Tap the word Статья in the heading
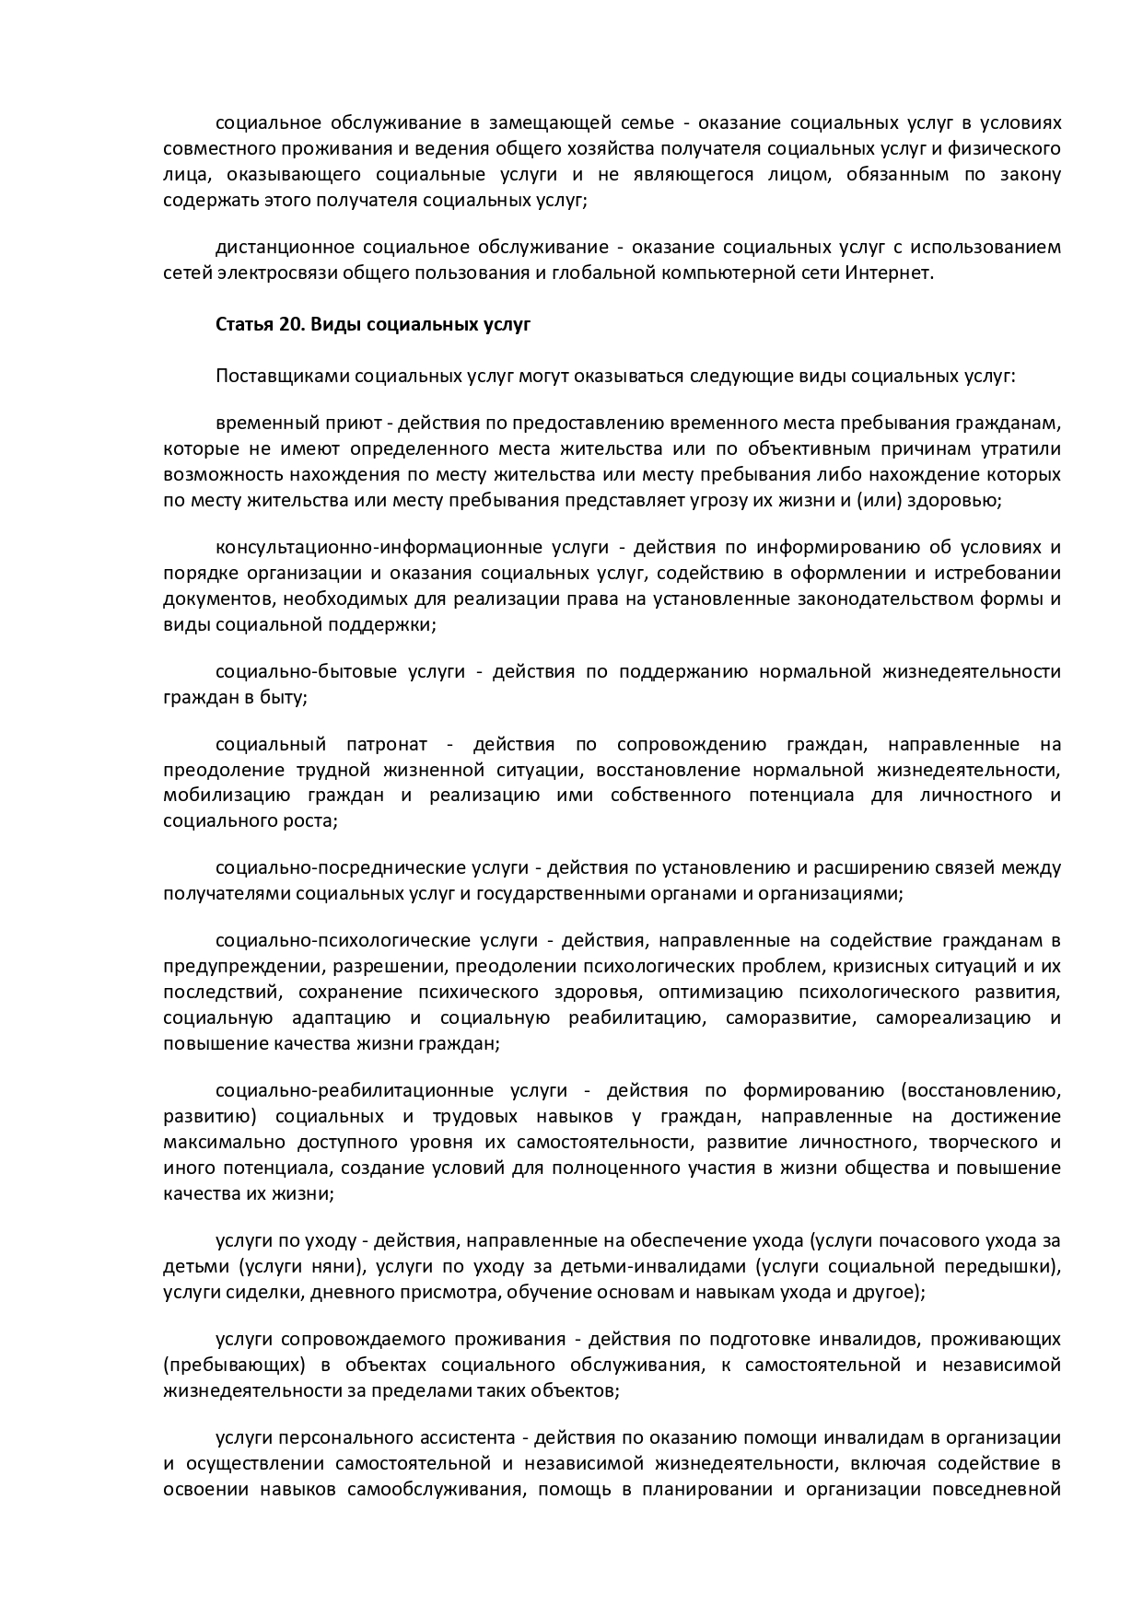239,325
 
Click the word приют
354,424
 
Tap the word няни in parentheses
339,1266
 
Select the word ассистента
468,1438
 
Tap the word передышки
1006,1266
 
